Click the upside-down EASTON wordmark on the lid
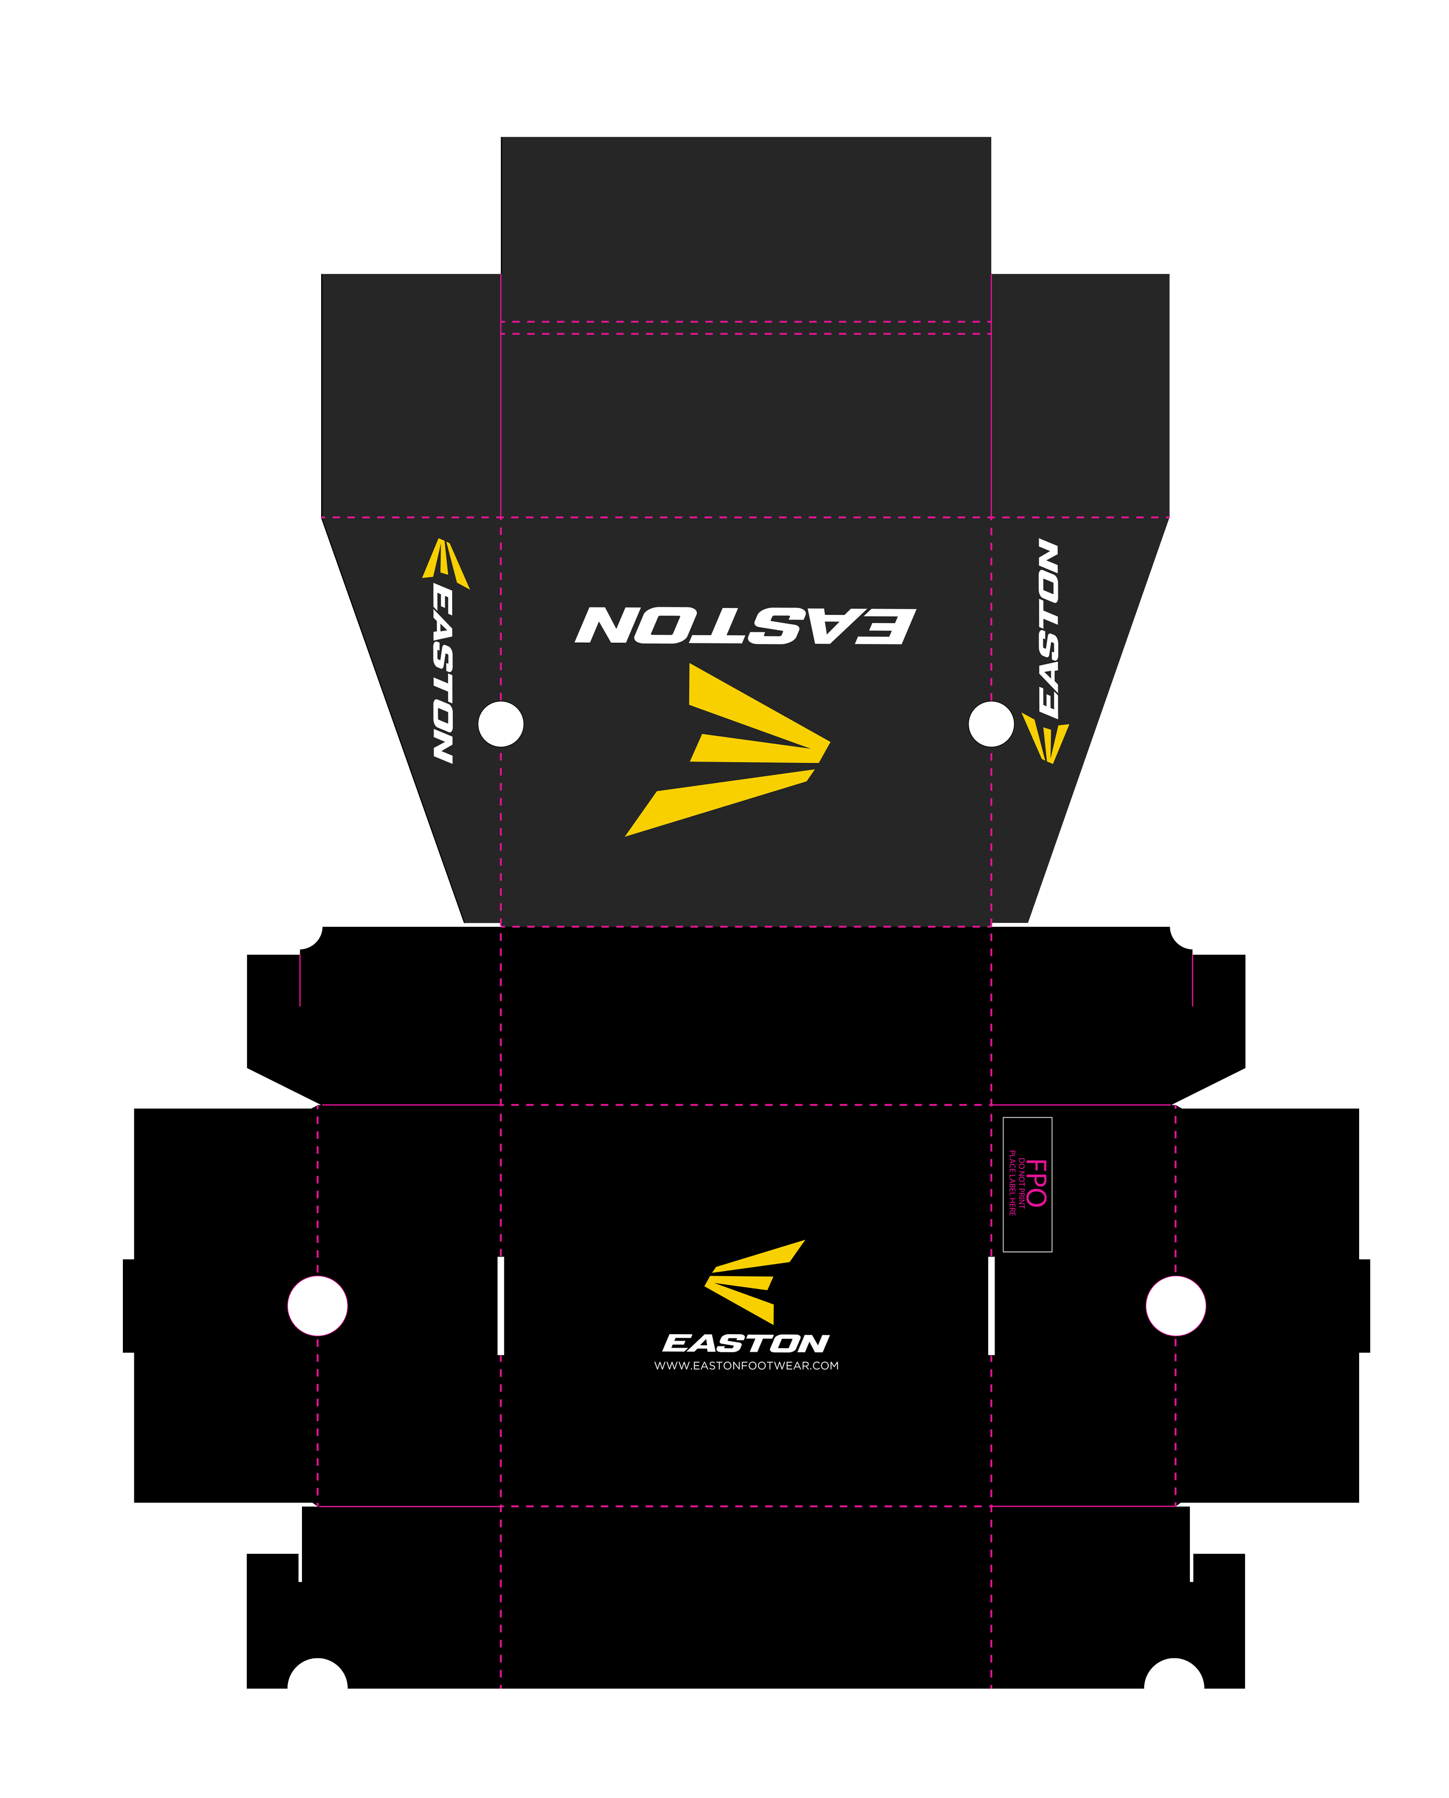point(745,625)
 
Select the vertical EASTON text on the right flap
point(1048,628)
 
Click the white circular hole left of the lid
point(501,724)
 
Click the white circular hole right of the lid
point(991,724)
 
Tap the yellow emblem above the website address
point(753,1282)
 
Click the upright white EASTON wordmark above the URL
point(745,1343)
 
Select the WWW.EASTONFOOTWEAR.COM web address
point(746,1366)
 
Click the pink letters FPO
point(1036,1183)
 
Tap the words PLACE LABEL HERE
point(1011,1183)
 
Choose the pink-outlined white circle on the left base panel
point(317,1305)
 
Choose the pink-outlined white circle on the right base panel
point(1175,1305)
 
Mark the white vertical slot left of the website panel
point(501,1305)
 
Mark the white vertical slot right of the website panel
point(992,1305)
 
